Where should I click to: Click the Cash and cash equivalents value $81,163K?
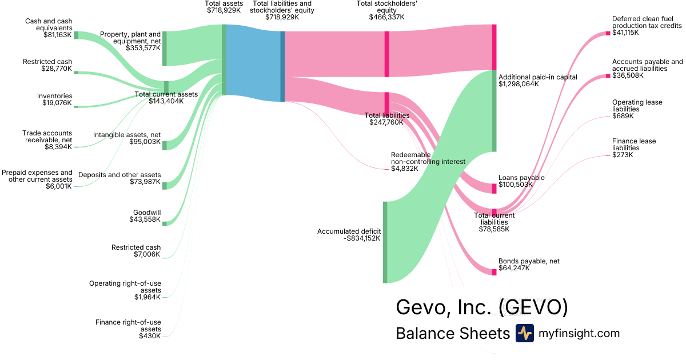pos(58,35)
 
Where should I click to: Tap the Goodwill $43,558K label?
pos(147,216)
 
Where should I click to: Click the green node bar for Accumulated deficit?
pos(385,242)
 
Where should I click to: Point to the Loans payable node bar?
pos(494,189)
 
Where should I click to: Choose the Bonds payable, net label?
pos(529,261)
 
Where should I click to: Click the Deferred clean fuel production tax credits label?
pos(647,22)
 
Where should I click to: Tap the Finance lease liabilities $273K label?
pos(634,148)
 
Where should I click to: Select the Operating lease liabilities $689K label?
pos(637,109)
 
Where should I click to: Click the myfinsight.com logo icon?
pos(524,333)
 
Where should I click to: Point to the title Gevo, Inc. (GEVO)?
pos(482,307)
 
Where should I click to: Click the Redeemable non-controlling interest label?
pos(428,162)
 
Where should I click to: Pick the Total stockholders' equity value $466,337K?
pos(386,17)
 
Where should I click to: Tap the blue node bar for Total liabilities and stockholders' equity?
pos(282,66)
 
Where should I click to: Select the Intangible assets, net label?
pos(127,138)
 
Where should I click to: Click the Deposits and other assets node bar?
pos(165,185)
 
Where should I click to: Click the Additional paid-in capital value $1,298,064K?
pos(522,84)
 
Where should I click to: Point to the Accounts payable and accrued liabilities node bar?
pos(608,76)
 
